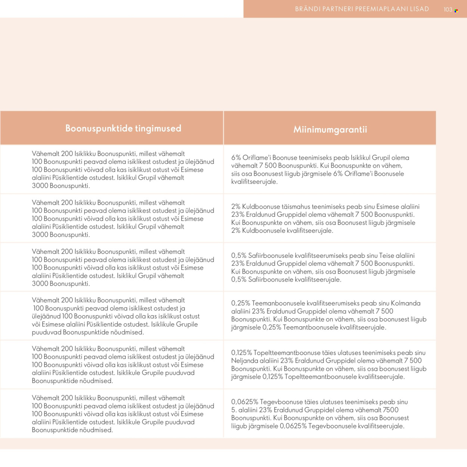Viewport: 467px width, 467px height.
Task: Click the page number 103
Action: [x=448, y=10]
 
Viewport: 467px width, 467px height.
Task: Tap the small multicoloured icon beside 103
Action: [x=456, y=11]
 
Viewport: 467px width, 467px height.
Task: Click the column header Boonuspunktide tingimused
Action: [x=123, y=128]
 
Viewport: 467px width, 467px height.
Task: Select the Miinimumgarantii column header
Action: [x=330, y=129]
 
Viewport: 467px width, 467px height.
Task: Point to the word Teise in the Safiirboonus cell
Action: [x=386, y=256]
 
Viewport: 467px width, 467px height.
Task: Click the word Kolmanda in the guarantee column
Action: [x=405, y=303]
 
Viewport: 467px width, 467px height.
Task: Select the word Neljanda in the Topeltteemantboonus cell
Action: [x=243, y=361]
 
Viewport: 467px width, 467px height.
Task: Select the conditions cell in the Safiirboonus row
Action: [x=112, y=267]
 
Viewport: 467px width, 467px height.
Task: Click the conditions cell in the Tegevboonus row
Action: [x=112, y=414]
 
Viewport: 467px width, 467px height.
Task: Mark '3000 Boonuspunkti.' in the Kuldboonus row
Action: [x=61, y=235]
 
